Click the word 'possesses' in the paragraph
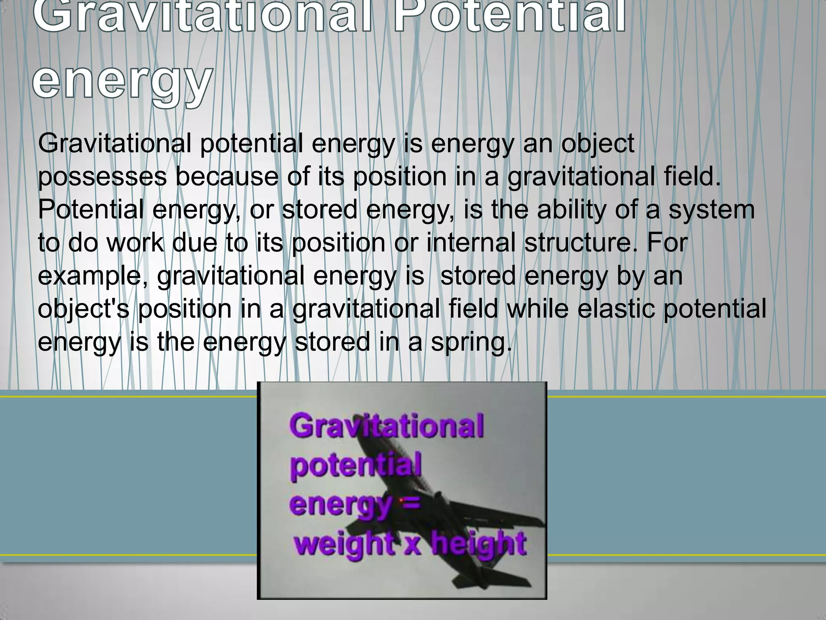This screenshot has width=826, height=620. [102, 178]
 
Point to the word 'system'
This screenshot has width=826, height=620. [711, 211]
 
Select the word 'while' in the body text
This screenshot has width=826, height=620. [538, 309]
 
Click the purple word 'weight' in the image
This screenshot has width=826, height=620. [344, 544]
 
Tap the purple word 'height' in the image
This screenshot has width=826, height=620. [479, 544]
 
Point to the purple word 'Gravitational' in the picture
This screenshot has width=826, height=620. [386, 426]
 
